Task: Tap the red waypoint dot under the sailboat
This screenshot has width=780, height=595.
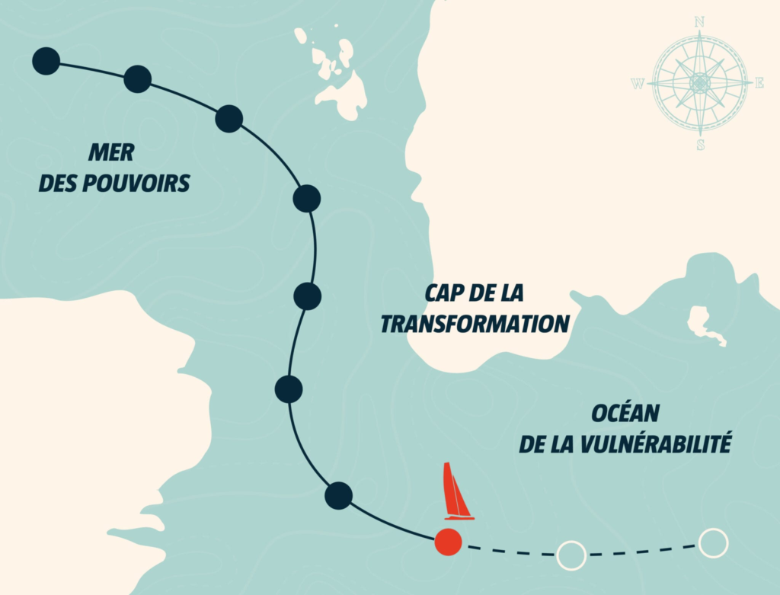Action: tap(448, 542)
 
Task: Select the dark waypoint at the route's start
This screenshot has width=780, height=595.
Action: tap(46, 61)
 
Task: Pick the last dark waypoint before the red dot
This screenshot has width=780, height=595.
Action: tap(338, 496)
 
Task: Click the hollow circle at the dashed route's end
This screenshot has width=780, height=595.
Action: tap(713, 542)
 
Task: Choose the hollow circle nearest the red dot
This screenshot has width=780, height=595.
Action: tap(571, 555)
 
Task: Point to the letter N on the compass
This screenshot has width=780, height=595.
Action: tap(699, 22)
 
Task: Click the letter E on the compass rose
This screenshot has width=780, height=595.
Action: tap(759, 83)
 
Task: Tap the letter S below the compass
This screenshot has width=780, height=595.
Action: tap(700, 144)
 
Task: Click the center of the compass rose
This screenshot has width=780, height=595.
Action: tap(699, 83)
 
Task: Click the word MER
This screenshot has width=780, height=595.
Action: tap(111, 152)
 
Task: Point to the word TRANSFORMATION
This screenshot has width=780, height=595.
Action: tap(475, 324)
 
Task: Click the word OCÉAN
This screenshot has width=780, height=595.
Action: tap(625, 414)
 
